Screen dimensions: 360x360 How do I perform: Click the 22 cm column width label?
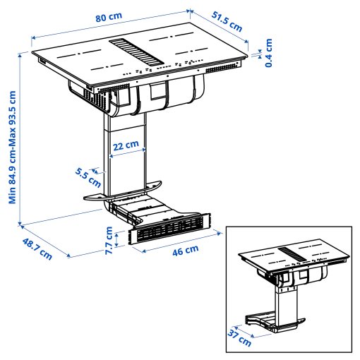point(126,145)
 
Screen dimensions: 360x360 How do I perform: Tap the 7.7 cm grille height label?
point(109,239)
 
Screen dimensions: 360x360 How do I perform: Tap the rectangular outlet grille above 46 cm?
point(169,229)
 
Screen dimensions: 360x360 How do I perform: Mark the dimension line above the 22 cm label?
point(126,156)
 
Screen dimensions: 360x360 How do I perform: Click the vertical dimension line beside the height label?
point(21,141)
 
